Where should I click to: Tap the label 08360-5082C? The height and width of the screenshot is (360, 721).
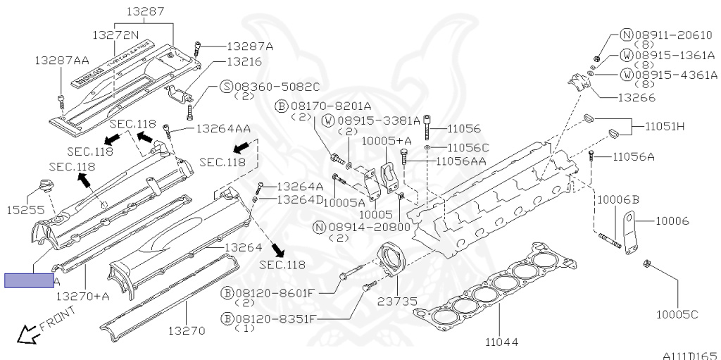pyautogui.click(x=270, y=87)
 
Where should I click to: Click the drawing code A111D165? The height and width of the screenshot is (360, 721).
pyautogui.click(x=689, y=355)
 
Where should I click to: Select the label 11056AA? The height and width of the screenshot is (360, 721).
pyautogui.click(x=461, y=161)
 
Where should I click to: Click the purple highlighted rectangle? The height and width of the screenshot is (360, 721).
pyautogui.click(x=29, y=281)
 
